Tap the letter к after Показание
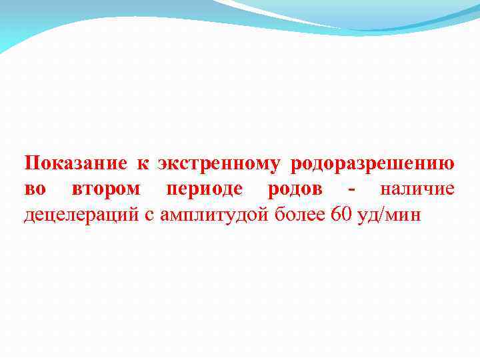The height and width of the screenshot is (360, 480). pyautogui.click(x=142, y=164)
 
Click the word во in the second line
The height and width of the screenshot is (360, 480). pyautogui.click(x=35, y=190)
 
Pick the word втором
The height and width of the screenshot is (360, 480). pyautogui.click(x=105, y=190)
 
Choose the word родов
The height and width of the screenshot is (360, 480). pyautogui.click(x=295, y=190)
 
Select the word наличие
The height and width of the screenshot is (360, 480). pyautogui.click(x=417, y=190)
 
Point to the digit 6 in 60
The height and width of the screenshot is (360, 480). pyautogui.click(x=335, y=215)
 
